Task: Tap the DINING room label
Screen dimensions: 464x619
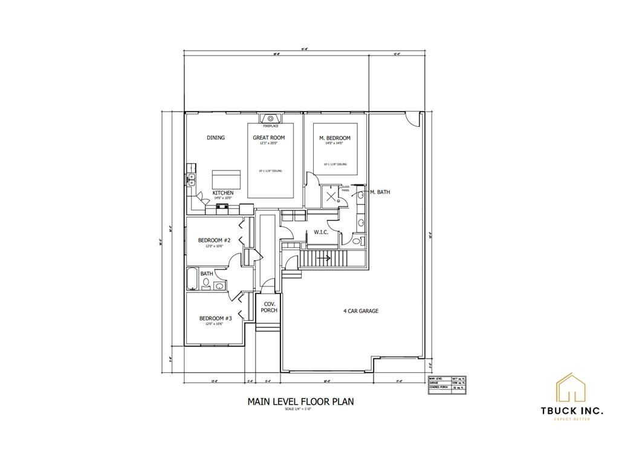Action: click(216, 138)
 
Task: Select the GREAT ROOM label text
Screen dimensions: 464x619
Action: click(269, 138)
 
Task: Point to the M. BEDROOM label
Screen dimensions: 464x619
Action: click(335, 138)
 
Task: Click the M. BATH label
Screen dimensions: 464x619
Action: click(380, 192)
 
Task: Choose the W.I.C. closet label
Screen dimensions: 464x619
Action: click(321, 233)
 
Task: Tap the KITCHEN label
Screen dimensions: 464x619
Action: click(222, 193)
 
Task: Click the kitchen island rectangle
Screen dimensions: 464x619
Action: click(226, 179)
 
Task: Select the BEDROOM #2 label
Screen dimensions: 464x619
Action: click(215, 240)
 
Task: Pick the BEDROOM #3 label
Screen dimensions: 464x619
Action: click(215, 318)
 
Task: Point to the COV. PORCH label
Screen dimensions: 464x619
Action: click(269, 307)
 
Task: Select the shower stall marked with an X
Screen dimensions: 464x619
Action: click(331, 196)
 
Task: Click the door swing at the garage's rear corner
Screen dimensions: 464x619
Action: click(412, 118)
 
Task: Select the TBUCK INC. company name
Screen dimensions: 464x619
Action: click(571, 411)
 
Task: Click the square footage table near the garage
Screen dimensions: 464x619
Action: click(447, 384)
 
